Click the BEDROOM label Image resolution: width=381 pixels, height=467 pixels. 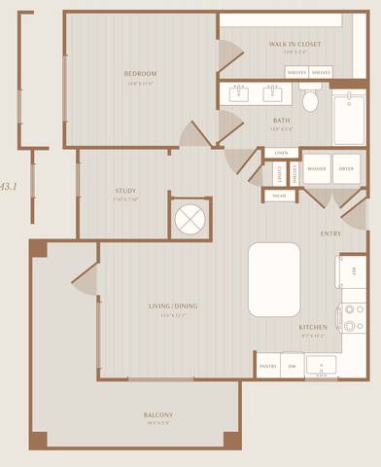pos(140,74)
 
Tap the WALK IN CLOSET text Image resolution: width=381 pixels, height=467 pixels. pos(294,45)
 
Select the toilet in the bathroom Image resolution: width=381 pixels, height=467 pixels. pos(310,100)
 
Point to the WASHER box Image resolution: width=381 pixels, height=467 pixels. pos(316,168)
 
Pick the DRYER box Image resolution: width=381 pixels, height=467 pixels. pos(346,168)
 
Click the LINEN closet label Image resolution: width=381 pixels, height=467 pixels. pos(281,154)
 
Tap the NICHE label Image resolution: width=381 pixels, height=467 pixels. pos(279,196)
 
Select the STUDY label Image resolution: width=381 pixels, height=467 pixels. pos(124,191)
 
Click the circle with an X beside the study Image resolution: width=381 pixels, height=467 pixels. pos(187,219)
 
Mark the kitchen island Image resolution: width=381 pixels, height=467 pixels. pos(274,279)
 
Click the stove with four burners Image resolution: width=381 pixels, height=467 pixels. pos(352,316)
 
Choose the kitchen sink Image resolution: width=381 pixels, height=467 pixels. pos(321,365)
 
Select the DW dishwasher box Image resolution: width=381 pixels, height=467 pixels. pos(292,366)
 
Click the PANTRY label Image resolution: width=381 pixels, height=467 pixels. pos(268,366)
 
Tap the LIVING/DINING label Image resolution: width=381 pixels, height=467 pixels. pos(173,306)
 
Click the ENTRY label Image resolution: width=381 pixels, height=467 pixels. pos(330,233)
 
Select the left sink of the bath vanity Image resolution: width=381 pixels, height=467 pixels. pos(239,93)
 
